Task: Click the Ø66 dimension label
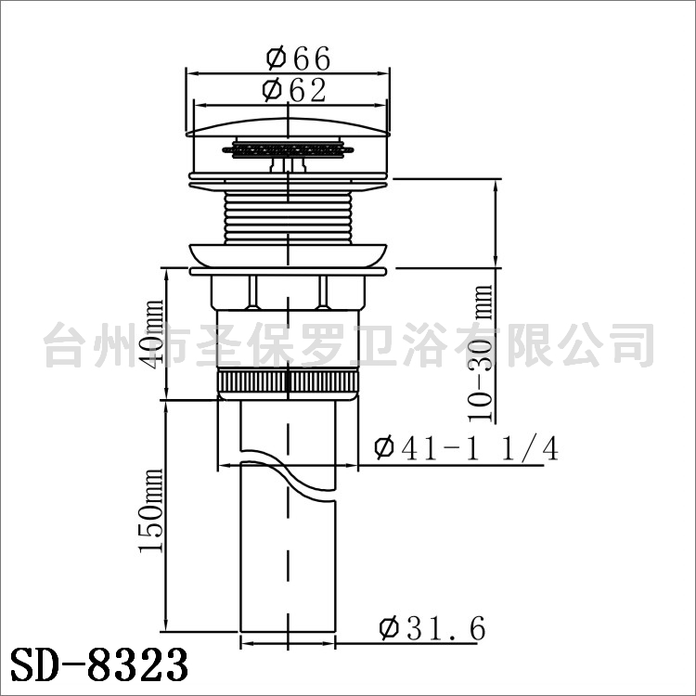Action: point(298,58)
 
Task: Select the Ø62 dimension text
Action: point(294,90)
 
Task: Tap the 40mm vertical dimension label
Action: point(153,334)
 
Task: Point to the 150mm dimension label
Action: point(151,510)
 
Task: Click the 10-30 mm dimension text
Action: point(481,354)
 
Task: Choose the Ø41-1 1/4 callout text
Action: point(466,449)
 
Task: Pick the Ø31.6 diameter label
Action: point(432,628)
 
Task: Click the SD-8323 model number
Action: point(99,664)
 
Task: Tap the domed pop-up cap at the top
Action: point(288,127)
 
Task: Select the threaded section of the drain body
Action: point(288,217)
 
